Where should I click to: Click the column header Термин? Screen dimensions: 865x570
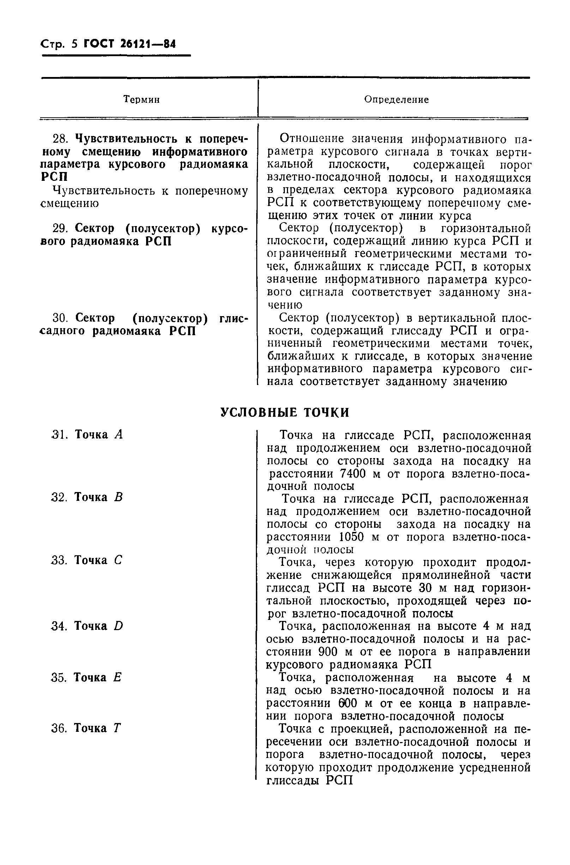coord(142,99)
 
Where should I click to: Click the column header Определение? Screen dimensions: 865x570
coord(396,99)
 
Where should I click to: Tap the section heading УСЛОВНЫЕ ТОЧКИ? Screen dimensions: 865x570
coord(284,412)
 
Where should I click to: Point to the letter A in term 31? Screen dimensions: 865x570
coord(119,434)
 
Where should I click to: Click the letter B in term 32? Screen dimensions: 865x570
coord(119,497)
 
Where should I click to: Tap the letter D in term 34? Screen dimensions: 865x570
coord(119,626)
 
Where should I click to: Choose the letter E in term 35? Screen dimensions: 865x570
coord(117,677)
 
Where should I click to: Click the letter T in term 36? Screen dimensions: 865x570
coord(117,728)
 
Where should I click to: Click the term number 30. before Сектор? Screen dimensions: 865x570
coord(60,318)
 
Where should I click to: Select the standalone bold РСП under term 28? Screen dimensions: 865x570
coord(54,177)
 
